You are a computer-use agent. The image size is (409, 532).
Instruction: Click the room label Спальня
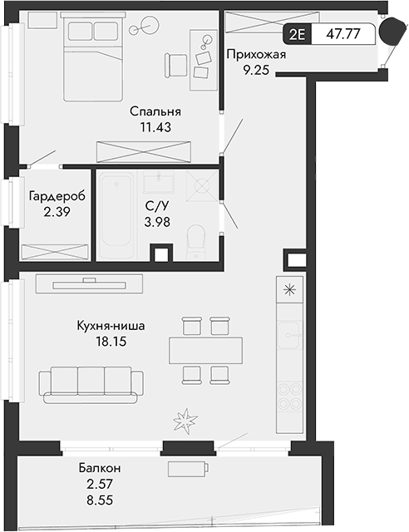point(155,111)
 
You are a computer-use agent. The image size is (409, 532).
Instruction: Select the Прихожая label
point(256,55)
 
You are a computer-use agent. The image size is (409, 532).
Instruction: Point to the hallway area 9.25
point(256,71)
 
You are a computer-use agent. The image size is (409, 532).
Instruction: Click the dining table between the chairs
point(206,348)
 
